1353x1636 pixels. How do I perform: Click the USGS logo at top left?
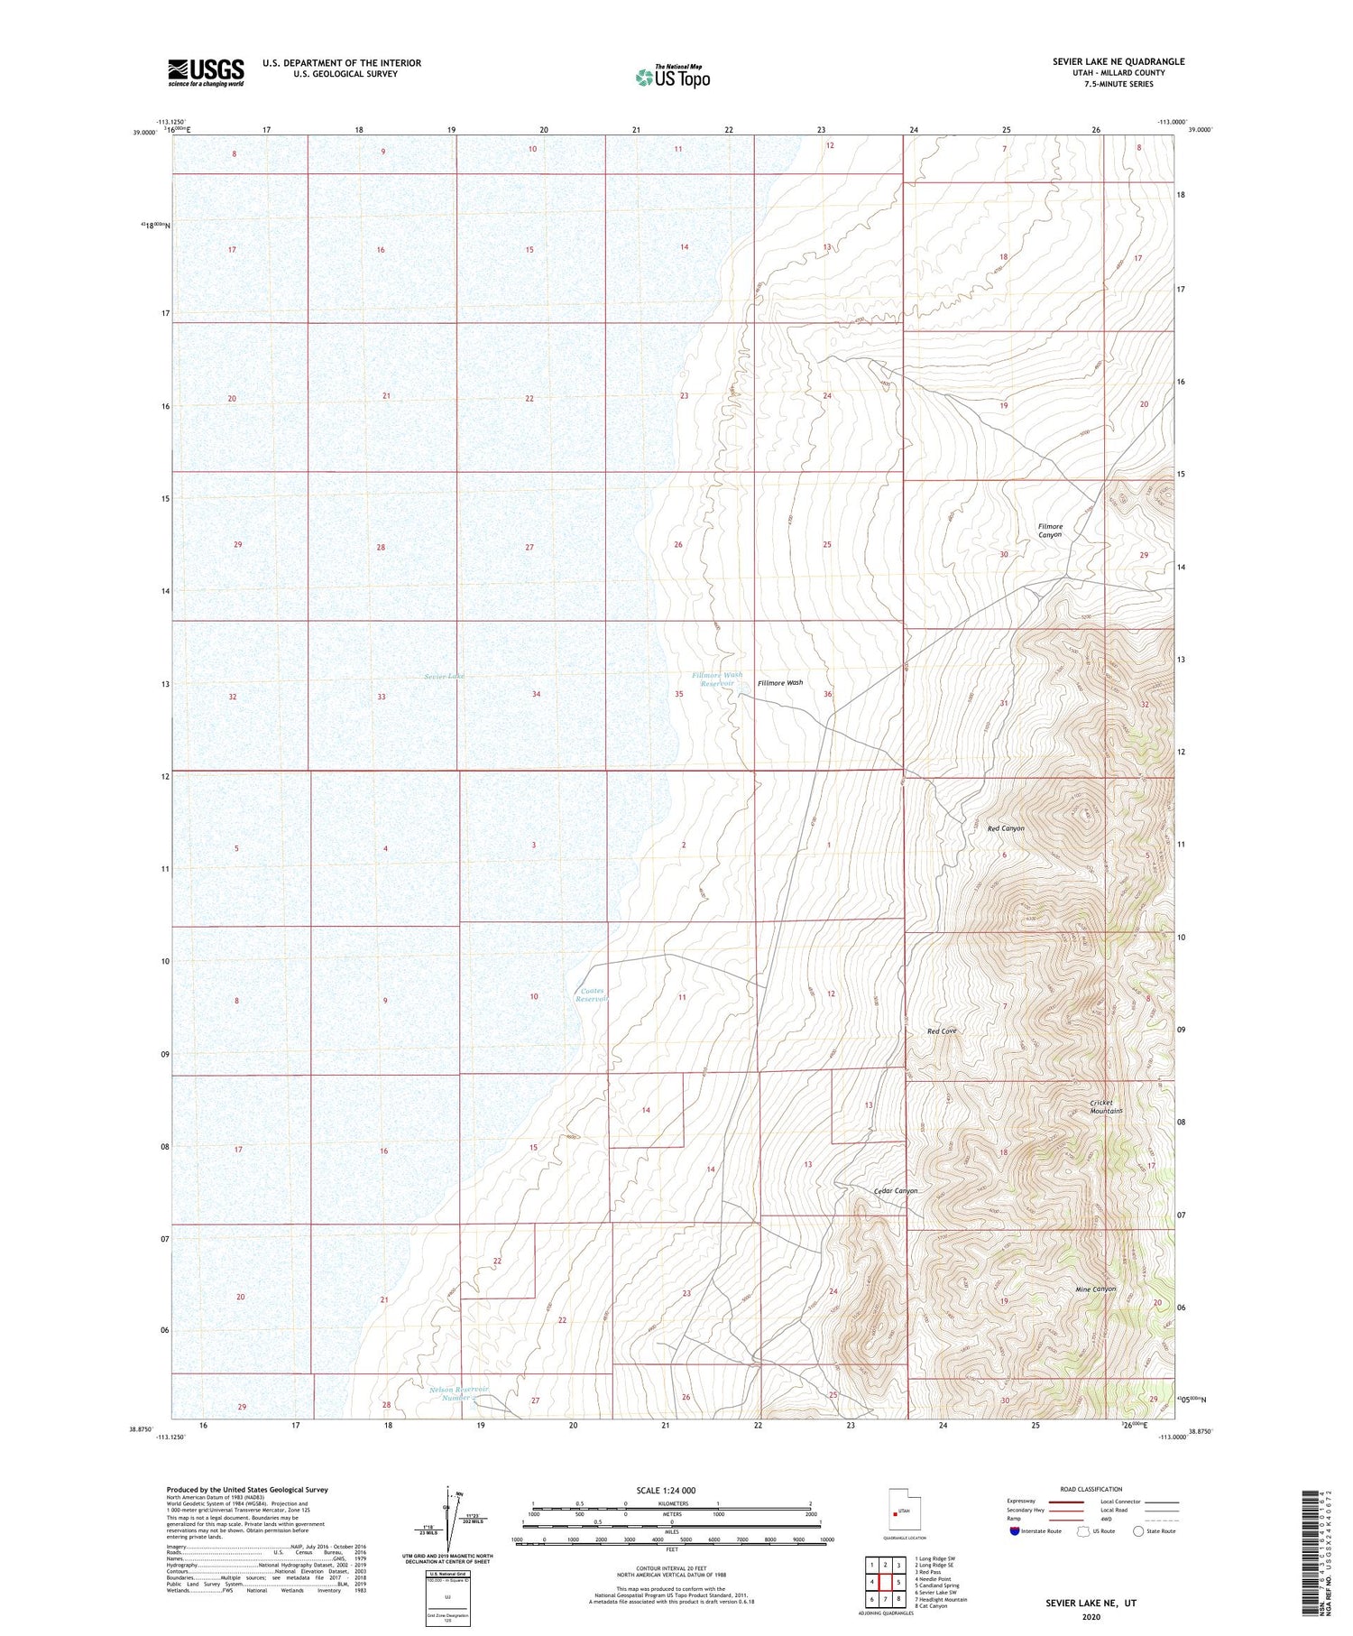click(206, 72)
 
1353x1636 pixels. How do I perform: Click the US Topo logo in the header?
click(673, 78)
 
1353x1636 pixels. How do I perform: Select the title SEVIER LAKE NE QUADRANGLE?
click(1118, 61)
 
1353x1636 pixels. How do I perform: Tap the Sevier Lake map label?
click(444, 676)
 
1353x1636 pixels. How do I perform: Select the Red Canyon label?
click(1006, 828)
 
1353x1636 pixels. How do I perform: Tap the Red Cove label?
click(942, 1031)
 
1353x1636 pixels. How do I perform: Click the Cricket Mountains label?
click(1106, 1106)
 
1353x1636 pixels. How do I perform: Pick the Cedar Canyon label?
click(896, 1191)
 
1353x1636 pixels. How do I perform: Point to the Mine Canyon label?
click(1096, 1289)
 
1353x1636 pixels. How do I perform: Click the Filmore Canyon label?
click(1050, 531)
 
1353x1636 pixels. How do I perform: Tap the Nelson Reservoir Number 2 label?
click(459, 1392)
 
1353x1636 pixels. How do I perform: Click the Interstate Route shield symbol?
click(1015, 1531)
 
